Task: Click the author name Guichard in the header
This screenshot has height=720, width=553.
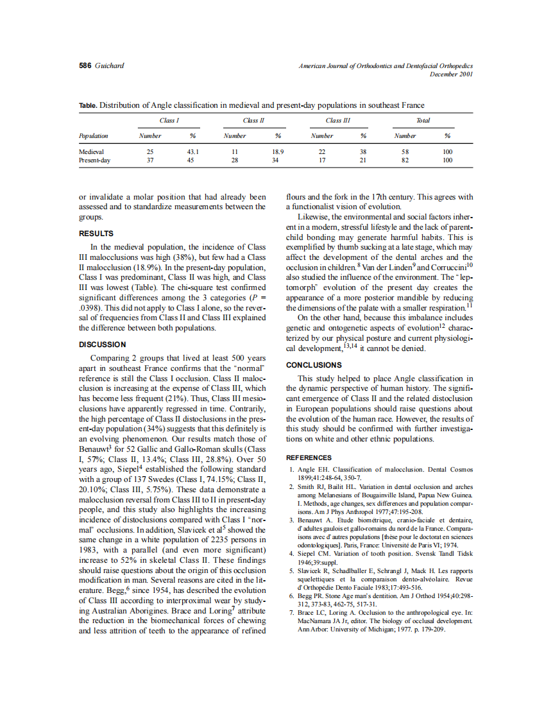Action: (109, 66)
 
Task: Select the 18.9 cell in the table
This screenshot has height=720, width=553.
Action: (278, 152)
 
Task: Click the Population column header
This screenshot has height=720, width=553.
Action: (93, 136)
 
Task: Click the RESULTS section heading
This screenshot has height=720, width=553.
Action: (96, 234)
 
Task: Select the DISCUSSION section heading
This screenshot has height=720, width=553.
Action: (102, 344)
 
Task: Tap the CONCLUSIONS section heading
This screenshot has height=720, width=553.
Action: (314, 365)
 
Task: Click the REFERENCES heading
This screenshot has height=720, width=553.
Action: (309, 458)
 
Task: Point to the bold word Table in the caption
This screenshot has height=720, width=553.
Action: (88, 105)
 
